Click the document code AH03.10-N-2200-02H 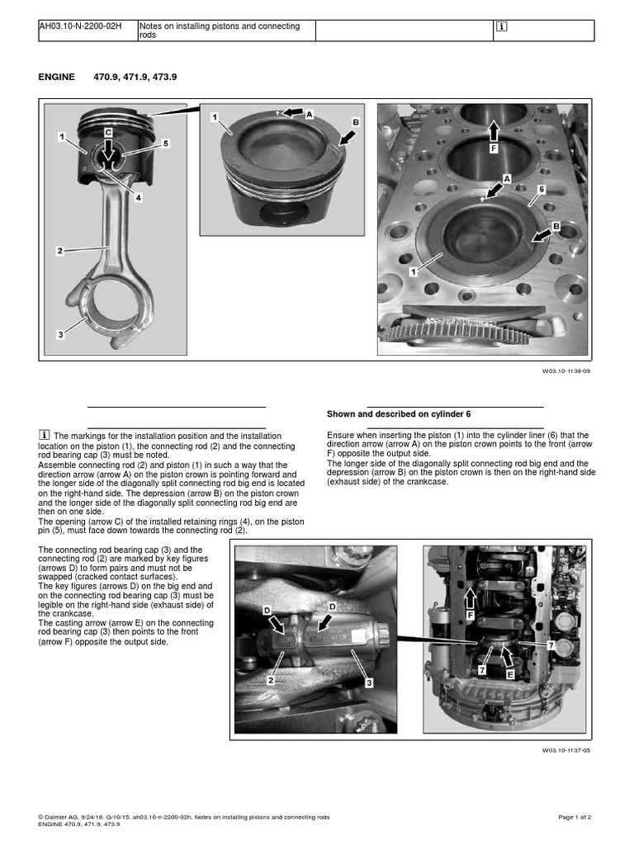point(80,26)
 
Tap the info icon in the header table point(501,26)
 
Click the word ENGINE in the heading point(56,77)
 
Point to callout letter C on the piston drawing point(108,132)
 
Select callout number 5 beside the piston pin point(164,144)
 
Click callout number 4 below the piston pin point(138,197)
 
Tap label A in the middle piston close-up point(309,115)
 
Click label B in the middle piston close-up point(356,122)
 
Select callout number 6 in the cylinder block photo point(542,189)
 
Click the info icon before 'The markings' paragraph point(45,435)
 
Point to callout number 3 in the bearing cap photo point(369,682)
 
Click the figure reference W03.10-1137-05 point(566,750)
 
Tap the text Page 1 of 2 point(575,817)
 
